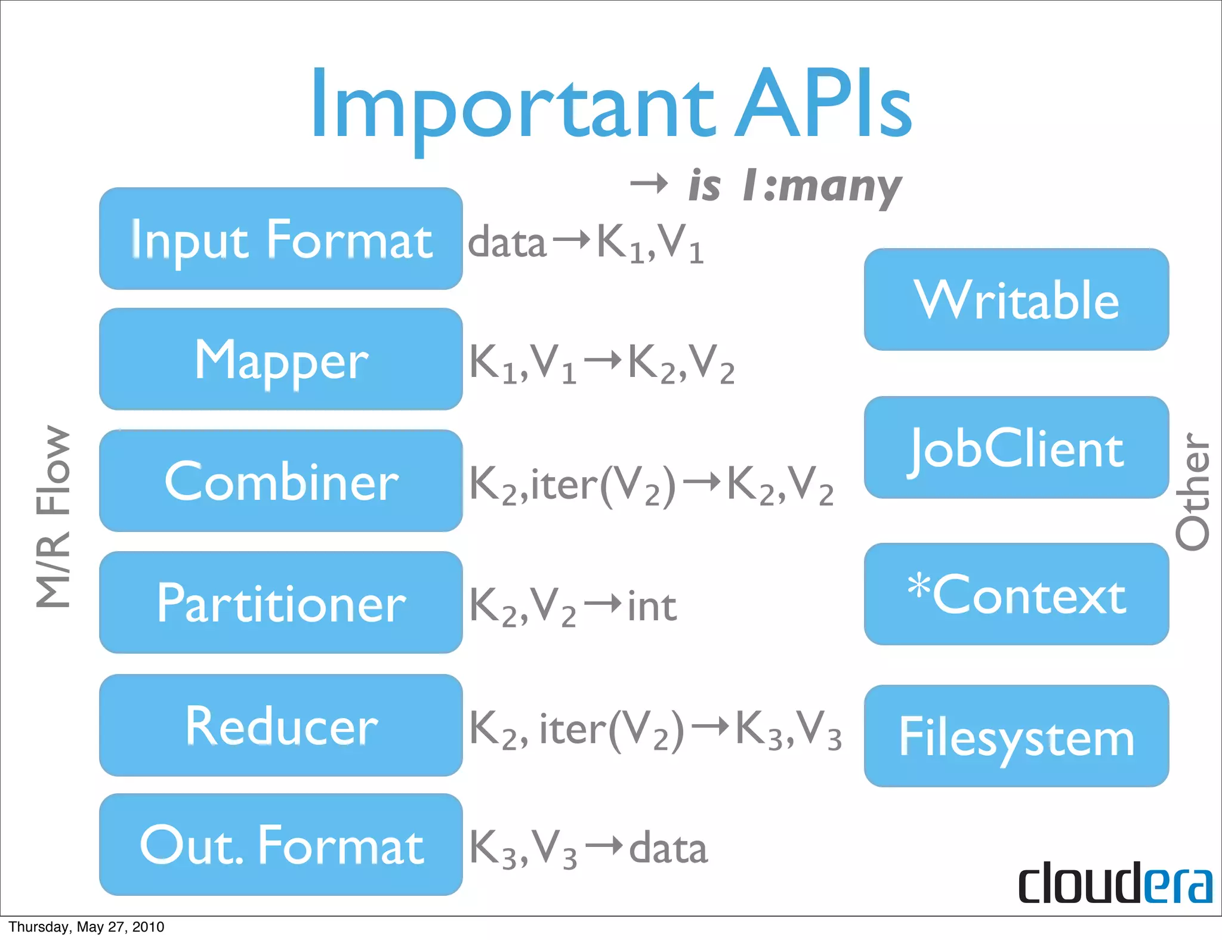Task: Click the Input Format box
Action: (x=280, y=239)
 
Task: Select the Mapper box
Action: (x=280, y=359)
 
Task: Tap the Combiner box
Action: (x=280, y=481)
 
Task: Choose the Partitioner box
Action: (x=280, y=602)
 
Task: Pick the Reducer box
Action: (x=280, y=725)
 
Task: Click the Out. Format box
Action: (x=280, y=845)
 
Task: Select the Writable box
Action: (x=1016, y=299)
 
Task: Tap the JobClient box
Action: (x=1016, y=447)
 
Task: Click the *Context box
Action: (x=1016, y=594)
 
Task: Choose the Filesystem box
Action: (x=1016, y=736)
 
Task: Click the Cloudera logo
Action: (x=1115, y=883)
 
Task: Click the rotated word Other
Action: (x=1192, y=491)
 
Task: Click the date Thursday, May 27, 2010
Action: (x=86, y=927)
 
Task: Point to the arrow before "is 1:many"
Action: (x=649, y=184)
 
